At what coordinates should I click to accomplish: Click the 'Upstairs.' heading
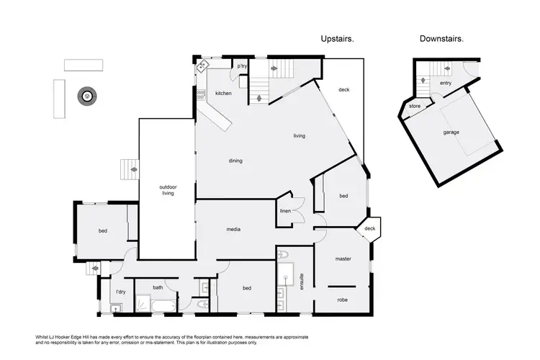tap(337, 38)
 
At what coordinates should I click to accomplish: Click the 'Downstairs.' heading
tap(441, 38)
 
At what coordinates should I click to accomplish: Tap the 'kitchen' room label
tap(223, 93)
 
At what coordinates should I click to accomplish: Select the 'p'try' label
tap(243, 66)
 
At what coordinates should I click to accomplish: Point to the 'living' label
tap(300, 135)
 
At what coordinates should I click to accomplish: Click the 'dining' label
tap(235, 161)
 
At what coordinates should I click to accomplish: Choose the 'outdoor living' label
tap(168, 190)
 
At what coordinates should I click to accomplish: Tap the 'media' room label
tap(233, 230)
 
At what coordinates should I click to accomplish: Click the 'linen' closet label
tap(285, 211)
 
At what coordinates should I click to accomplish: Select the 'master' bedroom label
tap(343, 258)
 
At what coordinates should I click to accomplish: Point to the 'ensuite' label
tap(302, 279)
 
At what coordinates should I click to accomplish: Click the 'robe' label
tap(342, 300)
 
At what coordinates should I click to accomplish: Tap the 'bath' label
tap(158, 288)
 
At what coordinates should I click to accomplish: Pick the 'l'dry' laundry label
tap(121, 292)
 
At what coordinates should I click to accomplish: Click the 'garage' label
tap(451, 132)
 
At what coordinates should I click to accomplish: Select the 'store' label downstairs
tap(415, 107)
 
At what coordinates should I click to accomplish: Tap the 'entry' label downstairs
tap(446, 83)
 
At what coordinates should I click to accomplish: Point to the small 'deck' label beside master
tap(370, 229)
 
